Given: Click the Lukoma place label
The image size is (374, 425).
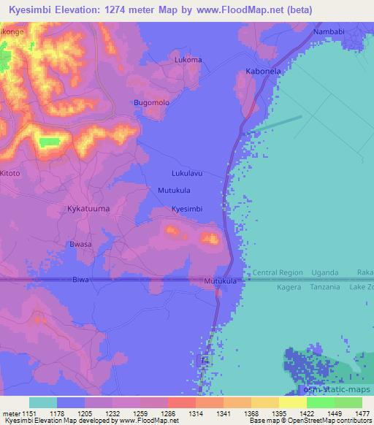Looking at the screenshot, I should [x=188, y=60].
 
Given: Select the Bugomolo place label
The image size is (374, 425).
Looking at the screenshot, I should [x=151, y=103].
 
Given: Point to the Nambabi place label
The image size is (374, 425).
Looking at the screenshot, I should [x=328, y=33].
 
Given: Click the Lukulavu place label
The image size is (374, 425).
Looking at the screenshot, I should [x=186, y=174].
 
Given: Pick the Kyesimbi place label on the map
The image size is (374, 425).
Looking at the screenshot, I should [x=186, y=209].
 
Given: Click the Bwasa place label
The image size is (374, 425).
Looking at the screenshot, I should [x=80, y=244].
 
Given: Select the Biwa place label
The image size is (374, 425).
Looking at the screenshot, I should [x=83, y=280].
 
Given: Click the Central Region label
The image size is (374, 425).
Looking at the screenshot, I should [x=278, y=273].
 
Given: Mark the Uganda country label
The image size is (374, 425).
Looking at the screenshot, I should [x=325, y=273].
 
